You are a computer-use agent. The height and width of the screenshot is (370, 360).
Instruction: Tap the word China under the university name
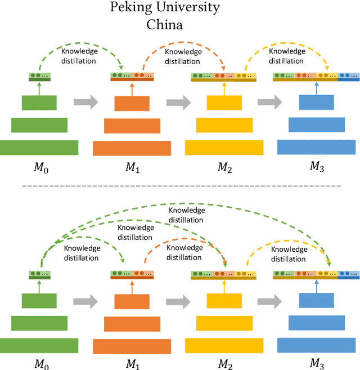pyautogui.click(x=165, y=25)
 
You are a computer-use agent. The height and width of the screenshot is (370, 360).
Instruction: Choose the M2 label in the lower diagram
pyautogui.click(x=224, y=363)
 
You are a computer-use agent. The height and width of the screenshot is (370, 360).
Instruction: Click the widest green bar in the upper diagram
pyautogui.click(x=39, y=147)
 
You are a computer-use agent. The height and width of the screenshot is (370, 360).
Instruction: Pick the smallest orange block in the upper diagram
pyautogui.click(x=132, y=103)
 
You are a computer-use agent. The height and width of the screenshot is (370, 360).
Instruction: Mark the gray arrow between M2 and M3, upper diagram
pyautogui.click(x=269, y=102)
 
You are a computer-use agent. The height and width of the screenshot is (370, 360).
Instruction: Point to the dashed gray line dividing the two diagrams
pyautogui.click(x=179, y=185)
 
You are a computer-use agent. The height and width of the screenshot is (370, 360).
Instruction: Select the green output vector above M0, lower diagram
pyautogui.click(x=39, y=275)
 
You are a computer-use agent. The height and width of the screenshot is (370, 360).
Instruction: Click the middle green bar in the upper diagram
pyautogui.click(x=39, y=125)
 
